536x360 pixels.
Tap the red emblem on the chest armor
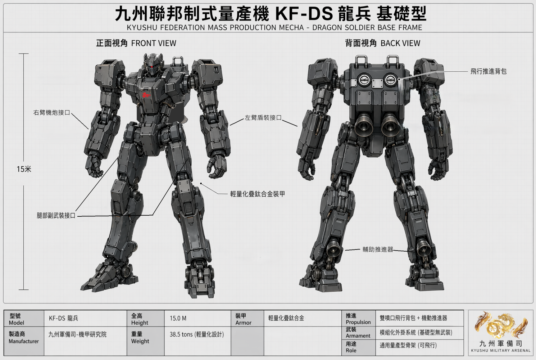coord(146,95)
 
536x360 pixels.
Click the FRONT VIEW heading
coord(136,43)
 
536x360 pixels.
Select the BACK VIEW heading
coord(382,43)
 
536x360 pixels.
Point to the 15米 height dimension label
coord(24,169)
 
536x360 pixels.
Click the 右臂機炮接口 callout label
coord(52,113)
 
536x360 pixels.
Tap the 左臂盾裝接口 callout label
coord(263,118)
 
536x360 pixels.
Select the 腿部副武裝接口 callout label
coord(56,215)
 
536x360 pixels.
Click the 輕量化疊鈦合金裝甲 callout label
coord(258,194)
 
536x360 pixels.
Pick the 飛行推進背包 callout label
coord(489,71)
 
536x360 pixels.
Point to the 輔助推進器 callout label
coord(378,249)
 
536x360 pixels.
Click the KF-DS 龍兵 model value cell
coord(85,318)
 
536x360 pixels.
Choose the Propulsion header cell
coord(358,318)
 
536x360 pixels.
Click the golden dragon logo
coord(501,325)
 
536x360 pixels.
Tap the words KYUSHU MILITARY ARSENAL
coord(501,351)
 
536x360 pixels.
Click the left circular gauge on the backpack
coord(364,79)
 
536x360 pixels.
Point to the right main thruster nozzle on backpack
coord(391,125)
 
